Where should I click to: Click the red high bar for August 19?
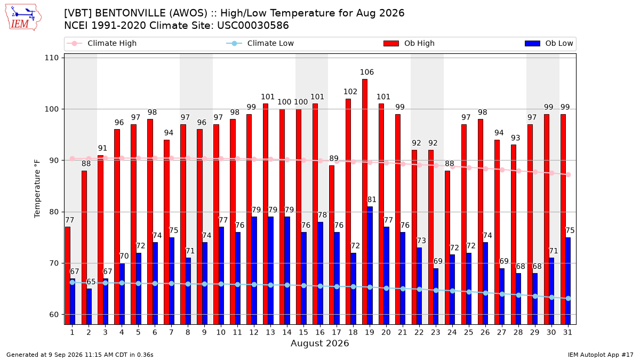[x=365, y=202]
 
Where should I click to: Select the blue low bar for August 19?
[x=370, y=266]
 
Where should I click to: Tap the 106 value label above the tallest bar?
[x=367, y=72]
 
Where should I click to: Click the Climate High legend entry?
[x=102, y=43]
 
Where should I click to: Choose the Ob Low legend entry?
[x=549, y=43]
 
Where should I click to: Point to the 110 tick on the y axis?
[x=51, y=58]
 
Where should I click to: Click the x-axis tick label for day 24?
[x=452, y=332]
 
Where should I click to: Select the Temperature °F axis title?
[x=37, y=189]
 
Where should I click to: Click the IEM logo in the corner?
[x=23, y=18]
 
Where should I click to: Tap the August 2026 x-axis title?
[x=319, y=343]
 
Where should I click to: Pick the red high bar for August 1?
[x=67, y=276]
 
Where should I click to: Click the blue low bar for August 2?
[x=89, y=307]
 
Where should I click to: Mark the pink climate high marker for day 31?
[x=568, y=174]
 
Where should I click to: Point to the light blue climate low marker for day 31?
[x=568, y=298]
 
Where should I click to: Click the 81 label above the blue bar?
[x=372, y=199]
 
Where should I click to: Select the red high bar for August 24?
[x=447, y=247]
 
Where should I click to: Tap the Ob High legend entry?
[x=409, y=43]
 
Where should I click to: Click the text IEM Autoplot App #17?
[x=601, y=355]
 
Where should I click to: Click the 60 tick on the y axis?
[x=54, y=315]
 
